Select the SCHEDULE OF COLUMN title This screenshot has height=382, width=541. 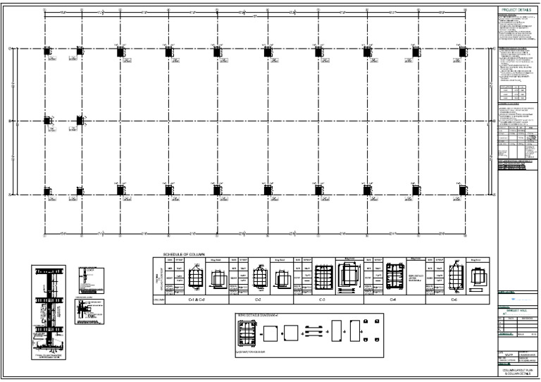pos(185,254)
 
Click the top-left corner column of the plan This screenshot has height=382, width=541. pos(47,51)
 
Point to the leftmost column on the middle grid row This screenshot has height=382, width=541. pos(47,121)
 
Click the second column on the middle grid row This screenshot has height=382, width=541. pos(80,121)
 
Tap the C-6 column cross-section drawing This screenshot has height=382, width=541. pos(456,273)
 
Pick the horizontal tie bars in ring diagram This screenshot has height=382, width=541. pos(315,329)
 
